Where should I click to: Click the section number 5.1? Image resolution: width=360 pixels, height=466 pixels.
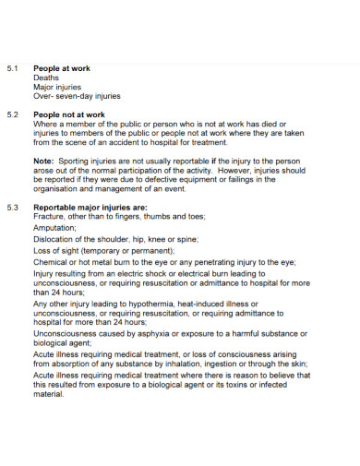(x=13, y=69)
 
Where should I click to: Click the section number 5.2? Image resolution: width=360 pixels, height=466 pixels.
(x=13, y=114)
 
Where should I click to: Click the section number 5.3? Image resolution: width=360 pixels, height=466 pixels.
(x=13, y=207)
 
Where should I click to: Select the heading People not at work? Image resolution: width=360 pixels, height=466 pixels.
(x=68, y=114)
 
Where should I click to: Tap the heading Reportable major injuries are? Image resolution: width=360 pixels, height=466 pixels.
(x=90, y=207)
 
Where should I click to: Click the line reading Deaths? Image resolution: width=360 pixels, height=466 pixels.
(x=46, y=78)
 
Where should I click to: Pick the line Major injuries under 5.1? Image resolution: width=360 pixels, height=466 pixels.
(x=57, y=88)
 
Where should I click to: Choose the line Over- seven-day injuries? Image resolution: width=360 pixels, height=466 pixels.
(x=77, y=96)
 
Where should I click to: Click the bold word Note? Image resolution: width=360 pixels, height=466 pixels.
(x=44, y=161)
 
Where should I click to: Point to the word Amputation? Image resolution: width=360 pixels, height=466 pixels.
(x=56, y=227)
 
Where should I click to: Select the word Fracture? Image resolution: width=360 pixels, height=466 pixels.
(x=51, y=216)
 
